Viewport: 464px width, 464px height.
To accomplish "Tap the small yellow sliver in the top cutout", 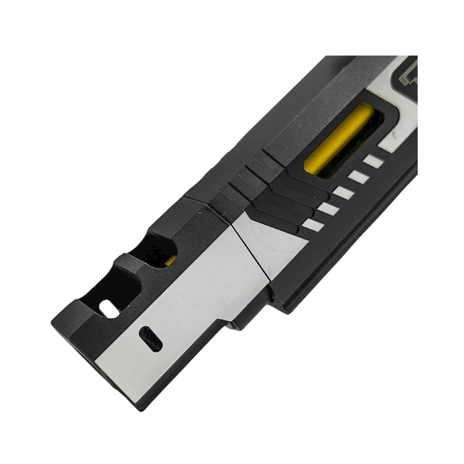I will pos(171,260).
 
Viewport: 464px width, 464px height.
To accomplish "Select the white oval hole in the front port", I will pos(108,309).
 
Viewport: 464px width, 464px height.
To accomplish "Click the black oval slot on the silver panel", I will pos(150,339).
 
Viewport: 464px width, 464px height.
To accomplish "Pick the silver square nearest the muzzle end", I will pos(313,224).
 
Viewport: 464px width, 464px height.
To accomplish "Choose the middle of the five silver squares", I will pos(343,193).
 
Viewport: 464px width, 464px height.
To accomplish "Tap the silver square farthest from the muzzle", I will pos(374,161).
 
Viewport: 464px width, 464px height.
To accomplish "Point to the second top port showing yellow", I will pos(161,247).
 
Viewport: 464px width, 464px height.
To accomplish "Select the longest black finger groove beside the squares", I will pos(304,188).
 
